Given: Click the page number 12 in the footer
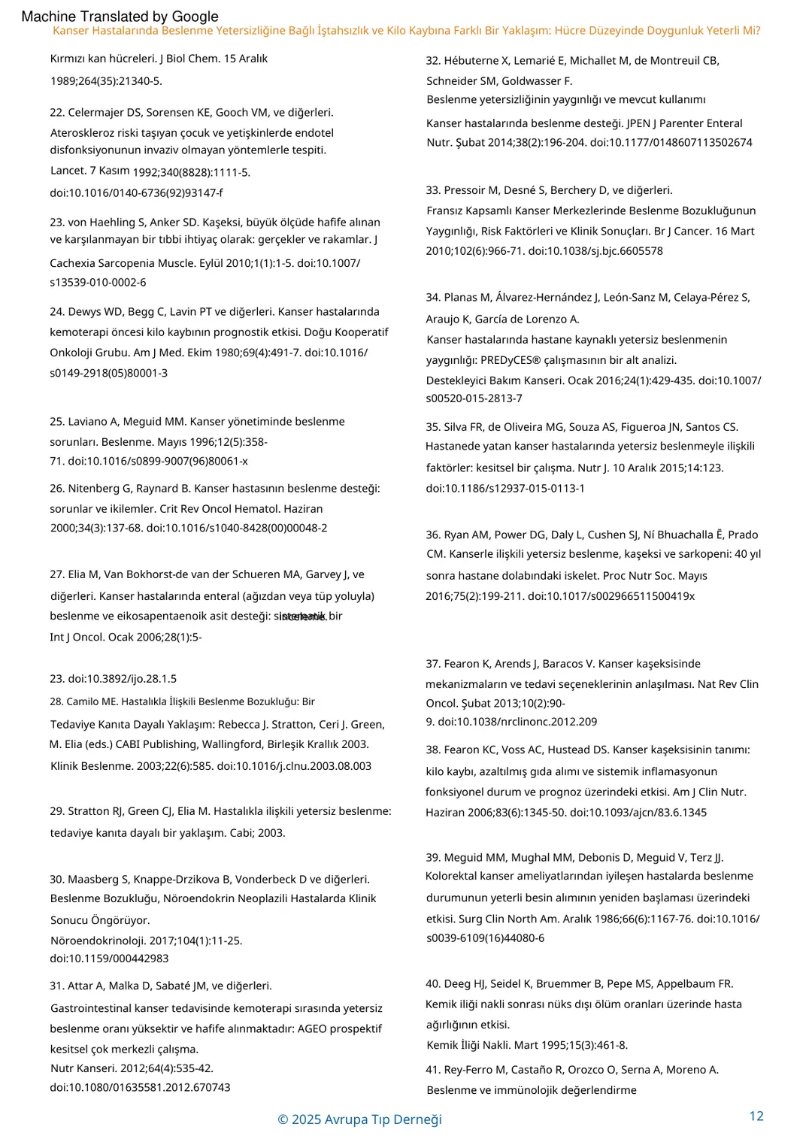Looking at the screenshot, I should point(756,1116).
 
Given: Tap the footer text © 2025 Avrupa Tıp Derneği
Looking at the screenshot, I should point(359,1119).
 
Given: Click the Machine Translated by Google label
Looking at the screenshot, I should point(120,16).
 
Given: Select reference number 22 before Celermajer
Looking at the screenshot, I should point(56,113).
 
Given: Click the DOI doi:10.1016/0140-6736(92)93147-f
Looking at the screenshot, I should point(136,193).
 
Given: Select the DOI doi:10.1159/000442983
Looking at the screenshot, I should point(109,959).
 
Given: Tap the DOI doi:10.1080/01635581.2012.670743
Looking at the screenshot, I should point(140,1088).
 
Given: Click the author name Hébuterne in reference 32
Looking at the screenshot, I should point(472,61).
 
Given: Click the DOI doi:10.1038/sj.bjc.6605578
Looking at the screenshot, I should point(595,251).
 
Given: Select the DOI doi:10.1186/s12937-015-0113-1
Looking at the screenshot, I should point(505,489).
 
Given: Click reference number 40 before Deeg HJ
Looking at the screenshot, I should point(432,984).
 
